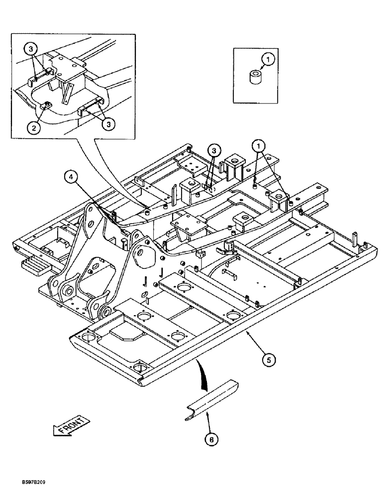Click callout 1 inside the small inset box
pyautogui.click(x=269, y=60)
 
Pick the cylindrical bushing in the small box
pyautogui.click(x=256, y=78)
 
